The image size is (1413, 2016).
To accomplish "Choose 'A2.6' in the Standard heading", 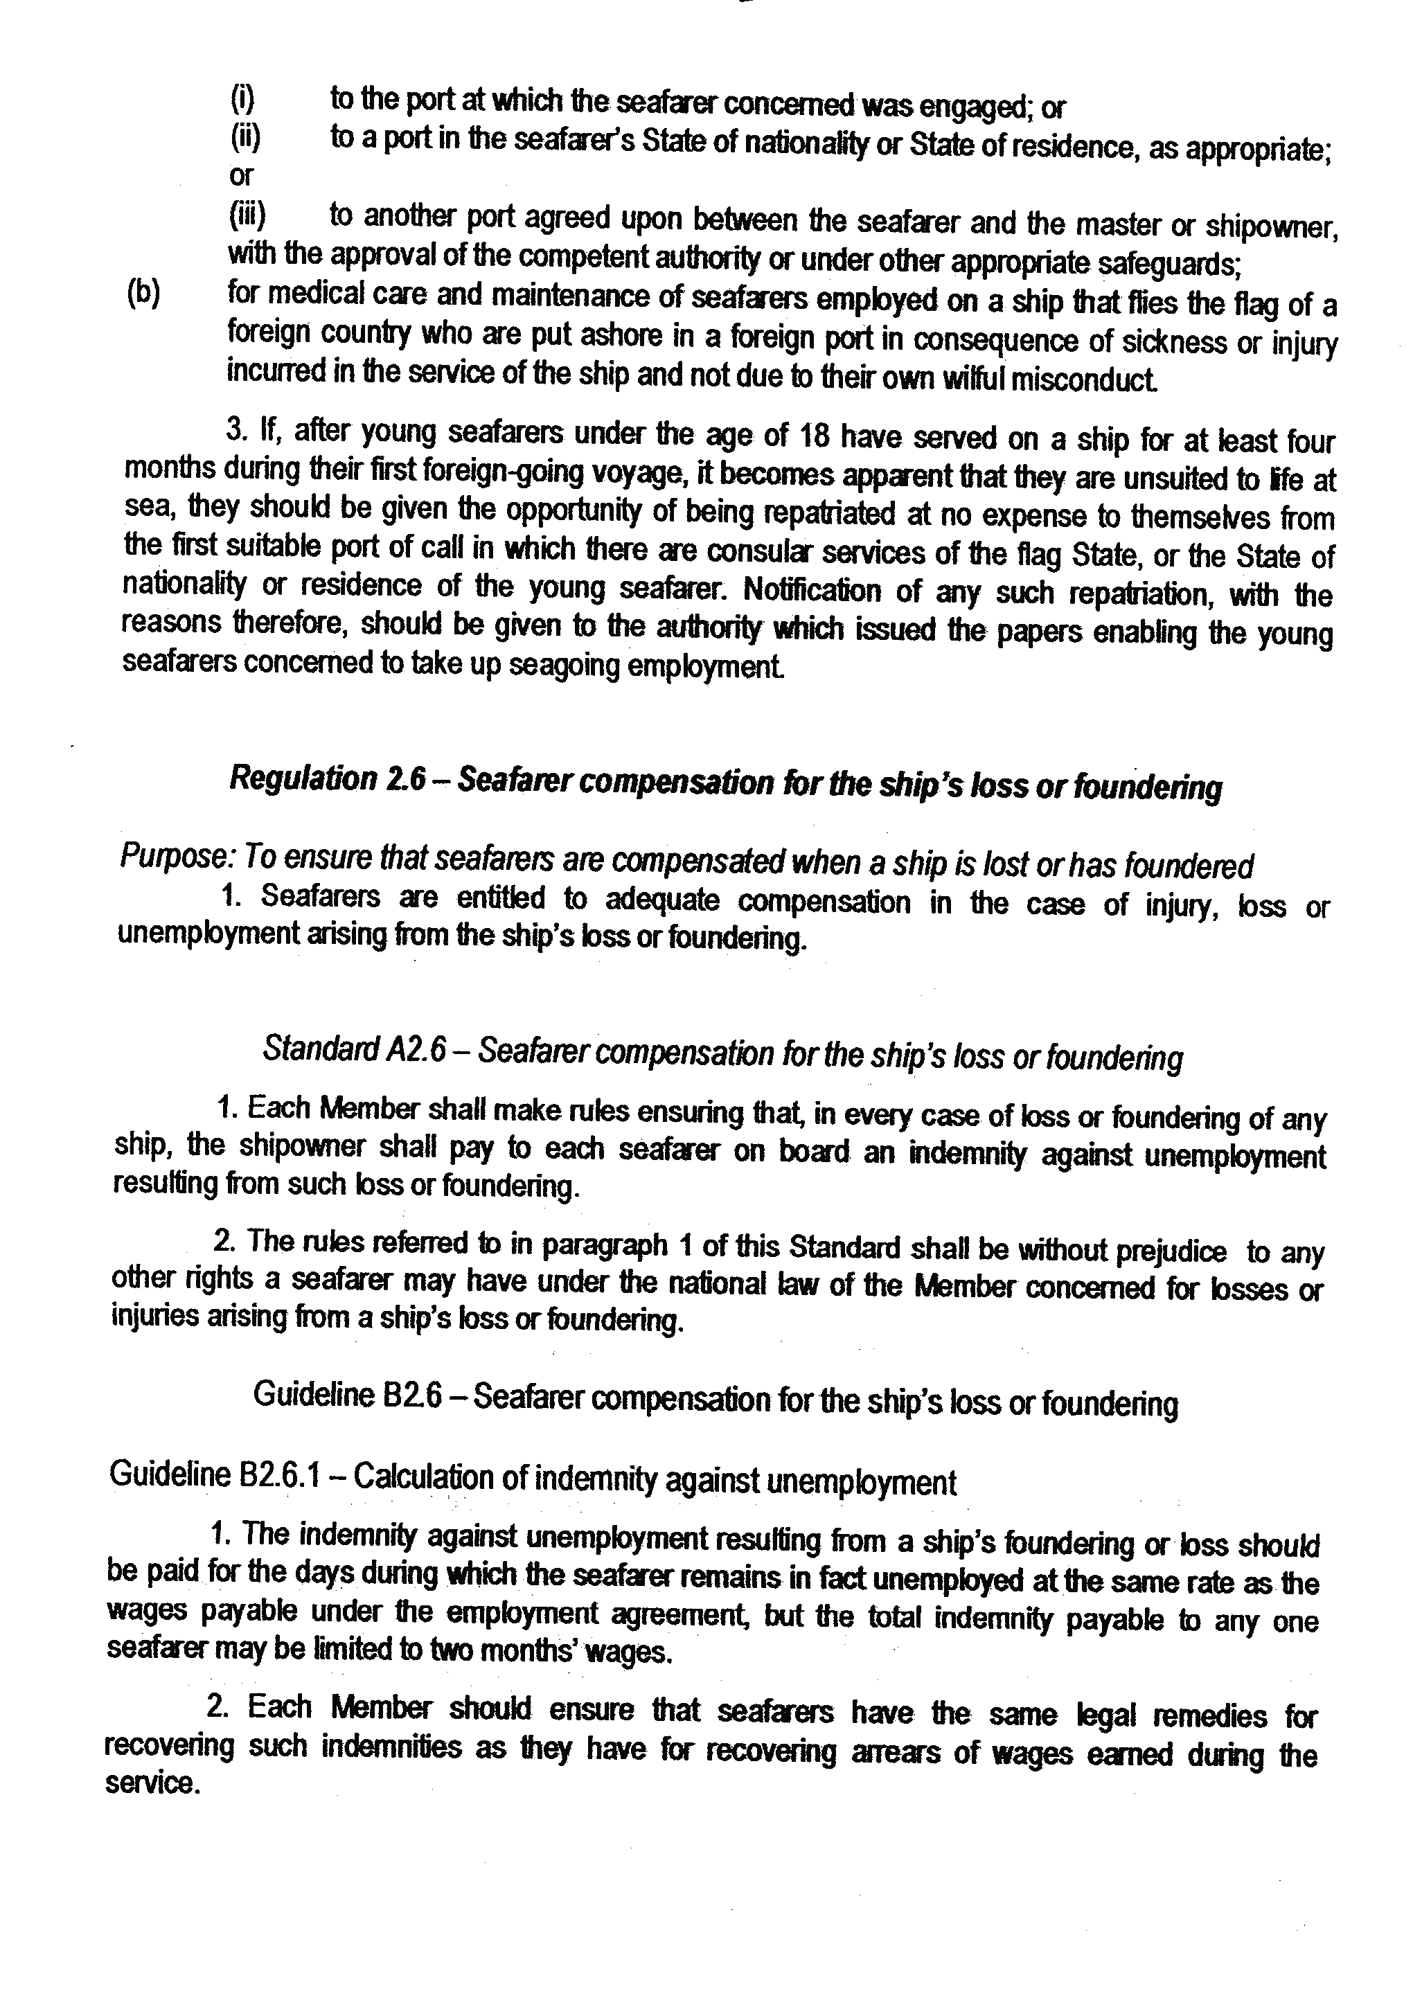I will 416,1052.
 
